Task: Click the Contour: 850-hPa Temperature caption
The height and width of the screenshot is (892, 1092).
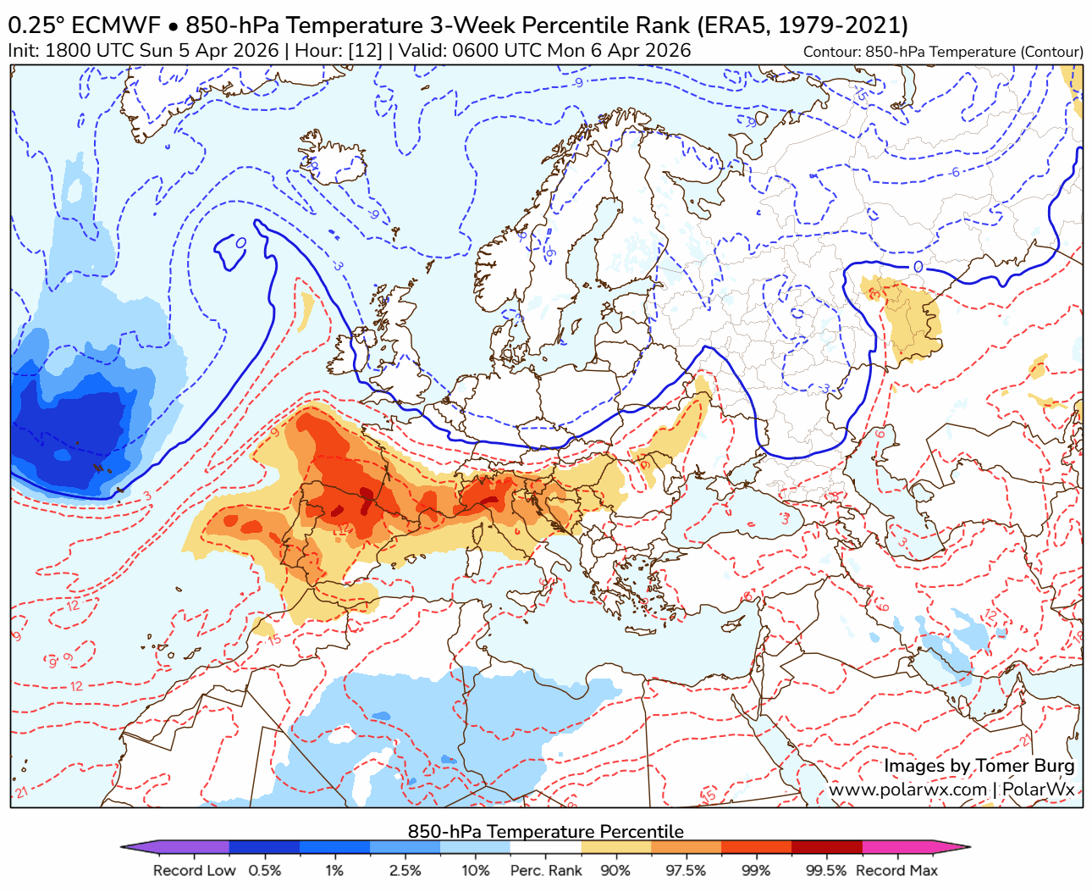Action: click(943, 52)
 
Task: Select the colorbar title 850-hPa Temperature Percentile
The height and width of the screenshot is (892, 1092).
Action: click(545, 831)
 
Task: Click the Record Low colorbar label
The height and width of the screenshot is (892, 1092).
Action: click(194, 871)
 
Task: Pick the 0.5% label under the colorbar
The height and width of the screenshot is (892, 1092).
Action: click(265, 871)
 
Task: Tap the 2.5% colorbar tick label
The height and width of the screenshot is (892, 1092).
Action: click(405, 871)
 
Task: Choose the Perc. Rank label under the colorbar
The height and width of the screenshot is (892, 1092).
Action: click(546, 871)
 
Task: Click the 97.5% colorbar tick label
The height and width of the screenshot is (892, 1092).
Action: click(686, 871)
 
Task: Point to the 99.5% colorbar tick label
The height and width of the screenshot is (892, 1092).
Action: click(826, 871)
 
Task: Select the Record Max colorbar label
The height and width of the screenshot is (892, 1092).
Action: click(896, 871)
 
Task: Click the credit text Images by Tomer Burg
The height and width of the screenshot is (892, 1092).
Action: click(979, 766)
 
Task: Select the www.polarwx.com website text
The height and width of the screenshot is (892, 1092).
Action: click(907, 790)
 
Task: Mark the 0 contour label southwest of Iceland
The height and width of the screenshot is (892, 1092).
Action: click(240, 244)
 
